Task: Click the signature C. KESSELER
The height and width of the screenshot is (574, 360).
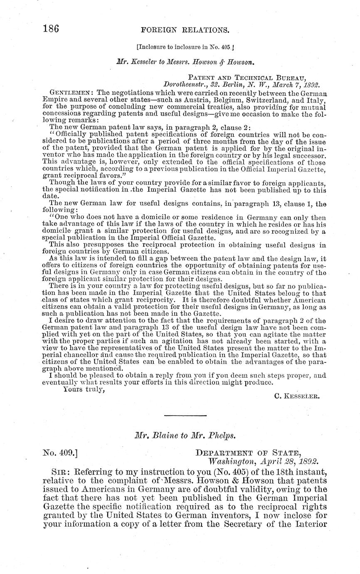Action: [297, 397]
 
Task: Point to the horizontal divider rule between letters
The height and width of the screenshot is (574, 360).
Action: [185, 416]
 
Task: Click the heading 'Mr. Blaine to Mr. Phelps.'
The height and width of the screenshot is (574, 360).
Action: [185, 436]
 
